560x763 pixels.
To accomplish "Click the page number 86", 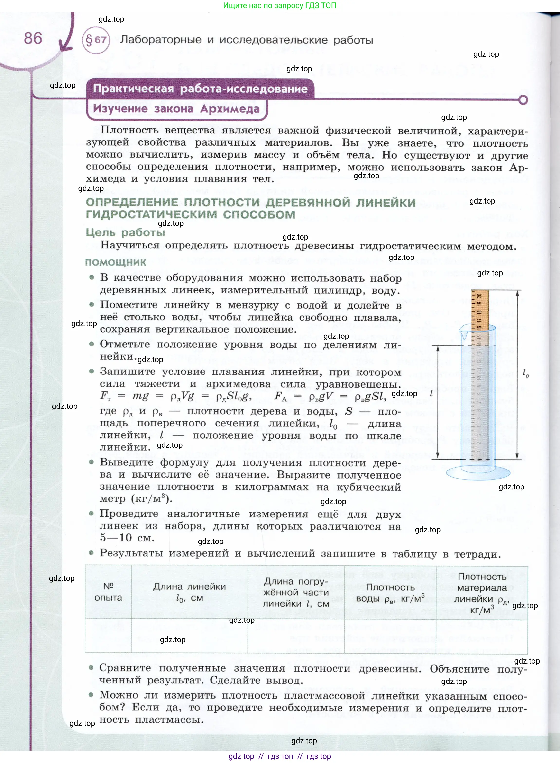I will (33, 38).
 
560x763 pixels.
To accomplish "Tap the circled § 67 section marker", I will (96, 40).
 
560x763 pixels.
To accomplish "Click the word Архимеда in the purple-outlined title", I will (230, 109).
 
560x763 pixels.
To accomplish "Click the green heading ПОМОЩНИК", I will (116, 262).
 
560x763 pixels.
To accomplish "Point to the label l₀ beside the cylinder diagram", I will (525, 373).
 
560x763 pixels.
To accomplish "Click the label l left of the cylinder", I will (431, 393).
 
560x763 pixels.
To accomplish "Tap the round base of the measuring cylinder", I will (478, 472).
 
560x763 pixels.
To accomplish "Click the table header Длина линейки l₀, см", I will (190, 592).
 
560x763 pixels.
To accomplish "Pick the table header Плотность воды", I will (390, 593).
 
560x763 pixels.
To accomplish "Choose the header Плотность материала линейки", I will (482, 593).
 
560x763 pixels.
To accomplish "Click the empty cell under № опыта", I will (108, 636).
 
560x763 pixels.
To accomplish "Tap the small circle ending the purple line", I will (523, 100).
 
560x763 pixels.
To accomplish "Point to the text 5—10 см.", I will (127, 537).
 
